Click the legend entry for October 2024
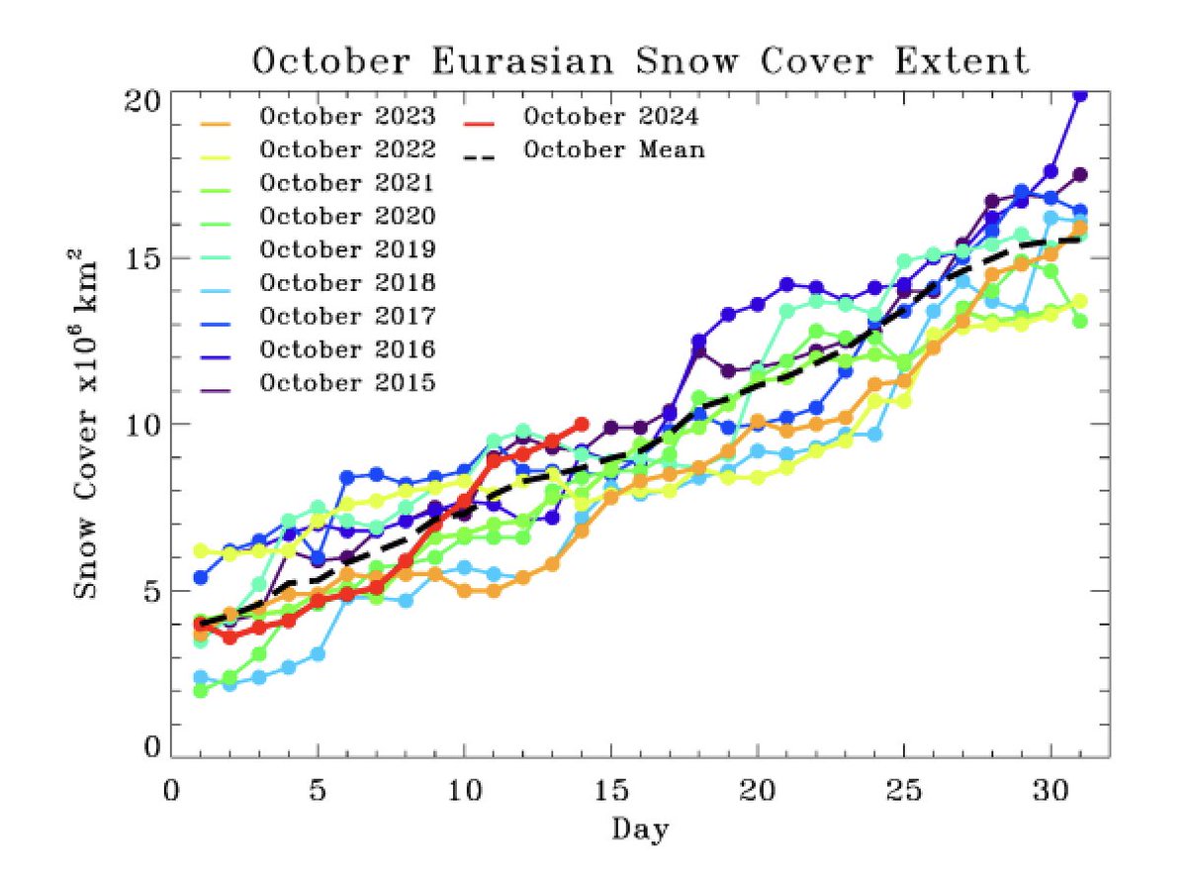[x=611, y=117]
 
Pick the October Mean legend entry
[x=613, y=150]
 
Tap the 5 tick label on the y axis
[x=150, y=591]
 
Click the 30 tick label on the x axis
[x=1050, y=795]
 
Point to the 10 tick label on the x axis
[x=464, y=795]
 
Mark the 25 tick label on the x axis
[x=904, y=795]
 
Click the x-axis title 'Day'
[x=640, y=829]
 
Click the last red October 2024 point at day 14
[x=582, y=424]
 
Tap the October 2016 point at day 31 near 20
[x=1080, y=95]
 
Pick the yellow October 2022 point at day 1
[x=201, y=550]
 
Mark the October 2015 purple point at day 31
[x=1080, y=174]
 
